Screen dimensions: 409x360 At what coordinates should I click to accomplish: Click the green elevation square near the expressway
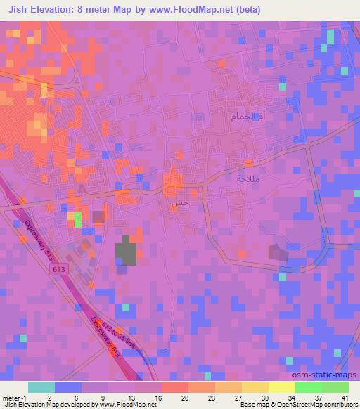(77, 220)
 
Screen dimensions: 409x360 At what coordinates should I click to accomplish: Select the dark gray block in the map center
(127, 251)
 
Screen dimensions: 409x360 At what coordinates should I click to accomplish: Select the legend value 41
(345, 398)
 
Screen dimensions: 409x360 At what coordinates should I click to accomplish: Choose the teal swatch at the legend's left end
(41, 387)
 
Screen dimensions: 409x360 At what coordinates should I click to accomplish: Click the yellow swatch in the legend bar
(281, 387)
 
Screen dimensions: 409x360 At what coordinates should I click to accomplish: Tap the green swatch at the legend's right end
(335, 387)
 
